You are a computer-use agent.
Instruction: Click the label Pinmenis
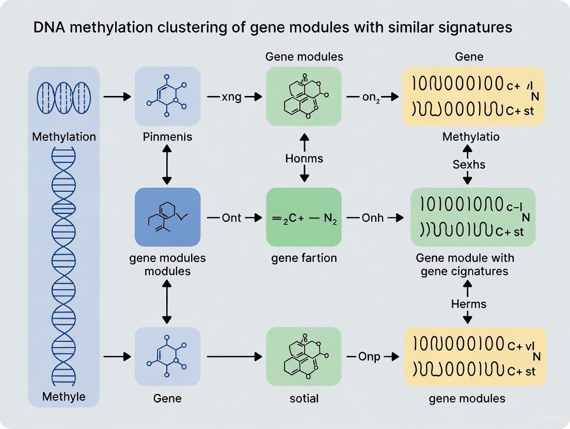coord(167,137)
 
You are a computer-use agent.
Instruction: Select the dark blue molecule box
coord(167,217)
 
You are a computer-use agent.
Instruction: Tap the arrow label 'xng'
coord(231,96)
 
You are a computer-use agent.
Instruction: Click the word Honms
coord(304,158)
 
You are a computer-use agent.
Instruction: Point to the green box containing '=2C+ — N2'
coord(304,217)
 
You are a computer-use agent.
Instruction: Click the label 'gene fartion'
coord(304,258)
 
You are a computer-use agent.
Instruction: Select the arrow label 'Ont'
coord(231,218)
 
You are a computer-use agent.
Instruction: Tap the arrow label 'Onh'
coord(372,218)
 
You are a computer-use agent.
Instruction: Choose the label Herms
coord(468,304)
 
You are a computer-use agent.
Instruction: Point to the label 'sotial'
coord(304,398)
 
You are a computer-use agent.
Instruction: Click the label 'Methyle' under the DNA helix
coord(64,398)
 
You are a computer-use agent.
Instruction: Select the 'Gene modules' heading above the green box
coord(304,56)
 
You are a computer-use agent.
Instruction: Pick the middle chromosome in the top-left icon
coord(64,96)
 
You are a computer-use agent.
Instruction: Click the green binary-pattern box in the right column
coord(473,217)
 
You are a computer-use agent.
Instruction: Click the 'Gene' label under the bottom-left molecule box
coord(167,398)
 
